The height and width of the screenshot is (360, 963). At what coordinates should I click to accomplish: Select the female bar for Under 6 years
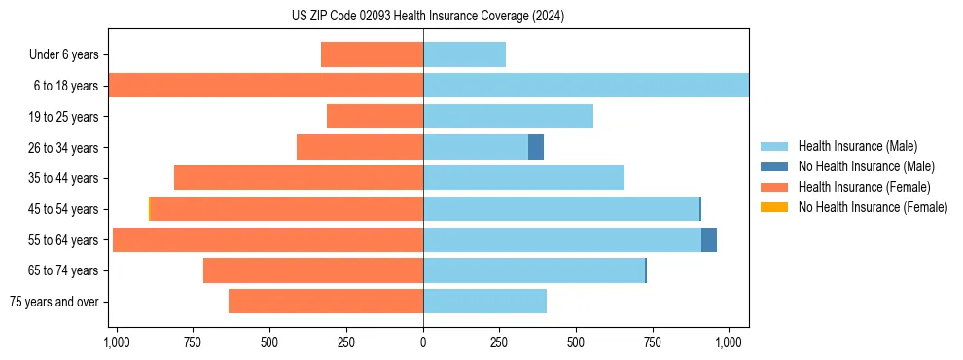click(x=372, y=54)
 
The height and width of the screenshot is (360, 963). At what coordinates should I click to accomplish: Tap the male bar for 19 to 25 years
click(x=508, y=117)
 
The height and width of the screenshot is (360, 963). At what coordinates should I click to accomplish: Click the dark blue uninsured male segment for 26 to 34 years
click(x=536, y=147)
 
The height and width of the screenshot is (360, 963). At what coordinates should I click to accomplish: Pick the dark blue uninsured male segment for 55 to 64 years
click(x=709, y=239)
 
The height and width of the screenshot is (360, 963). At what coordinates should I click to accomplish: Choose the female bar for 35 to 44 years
click(x=299, y=178)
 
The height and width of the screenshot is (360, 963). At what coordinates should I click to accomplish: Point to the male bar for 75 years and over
click(x=484, y=302)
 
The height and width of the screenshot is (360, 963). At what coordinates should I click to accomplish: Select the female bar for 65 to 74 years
click(x=313, y=270)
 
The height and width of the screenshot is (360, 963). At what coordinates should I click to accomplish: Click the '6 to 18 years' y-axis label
click(x=66, y=86)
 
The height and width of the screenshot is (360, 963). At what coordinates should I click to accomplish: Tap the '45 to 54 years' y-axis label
click(x=63, y=209)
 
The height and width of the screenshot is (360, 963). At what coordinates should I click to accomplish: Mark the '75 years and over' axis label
click(x=53, y=302)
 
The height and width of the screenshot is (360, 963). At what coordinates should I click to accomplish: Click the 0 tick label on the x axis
click(x=423, y=342)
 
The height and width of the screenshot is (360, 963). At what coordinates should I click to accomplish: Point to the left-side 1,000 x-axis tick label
click(x=117, y=342)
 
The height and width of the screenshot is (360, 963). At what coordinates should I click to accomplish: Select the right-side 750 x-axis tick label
click(x=653, y=342)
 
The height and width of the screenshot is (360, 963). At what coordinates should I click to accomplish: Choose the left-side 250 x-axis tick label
click(x=346, y=342)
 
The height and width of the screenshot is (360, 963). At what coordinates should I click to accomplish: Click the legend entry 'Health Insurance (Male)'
click(x=858, y=146)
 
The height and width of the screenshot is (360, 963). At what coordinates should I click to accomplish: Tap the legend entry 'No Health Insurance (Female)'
click(x=873, y=207)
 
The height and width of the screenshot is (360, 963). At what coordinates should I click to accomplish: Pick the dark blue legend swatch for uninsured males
click(x=774, y=166)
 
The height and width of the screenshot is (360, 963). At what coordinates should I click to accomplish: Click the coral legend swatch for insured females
click(x=774, y=187)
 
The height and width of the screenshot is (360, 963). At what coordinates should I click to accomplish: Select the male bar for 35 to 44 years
click(x=523, y=178)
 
